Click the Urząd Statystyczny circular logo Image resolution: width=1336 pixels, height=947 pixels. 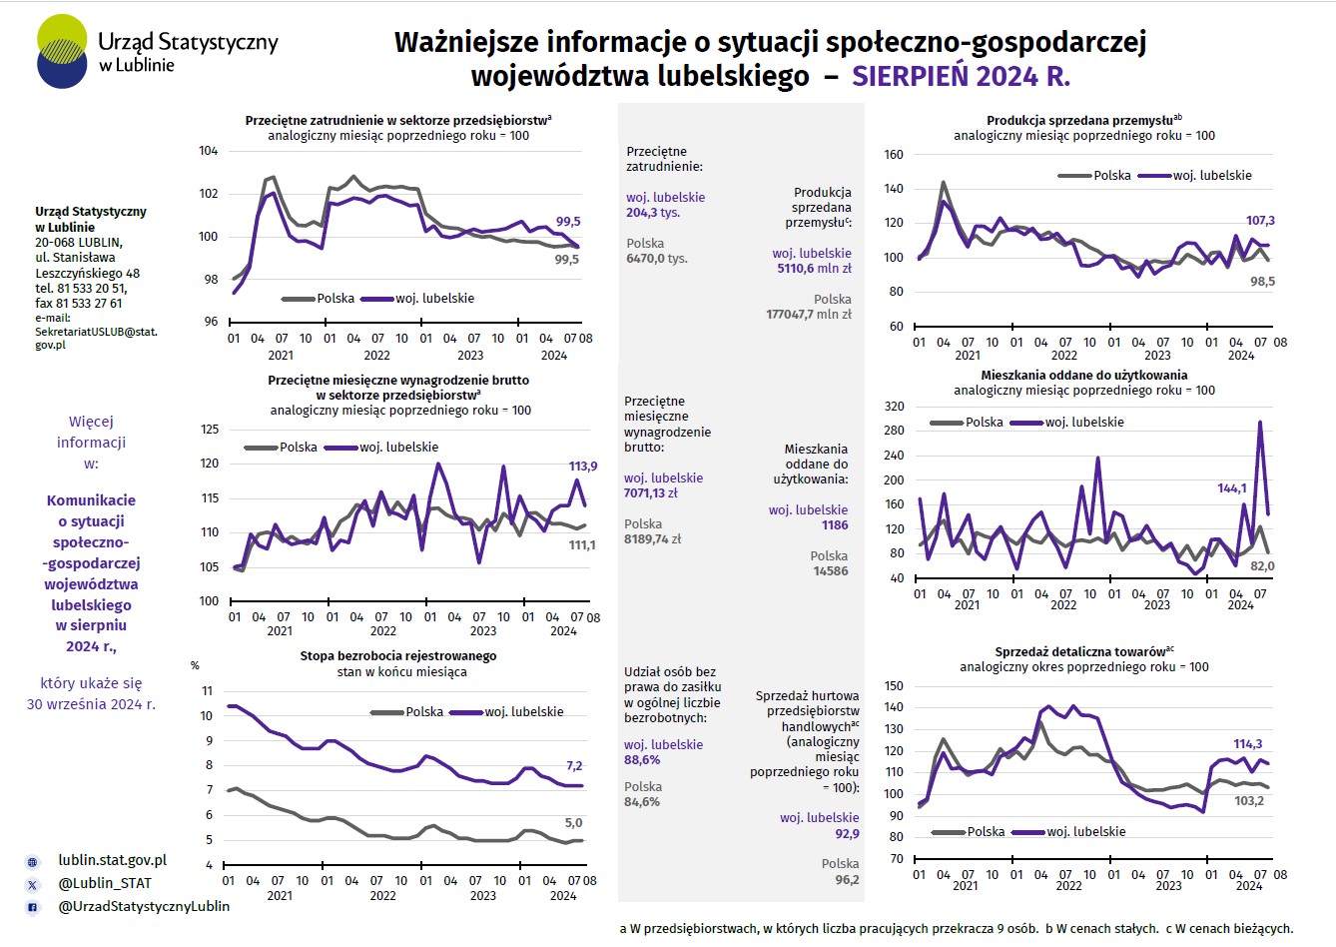[x=62, y=51]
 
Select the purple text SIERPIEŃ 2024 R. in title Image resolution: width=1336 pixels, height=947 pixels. [x=961, y=76]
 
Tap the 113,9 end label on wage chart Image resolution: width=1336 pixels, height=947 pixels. [x=583, y=467]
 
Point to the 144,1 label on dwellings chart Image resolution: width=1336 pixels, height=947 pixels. [x=1231, y=488]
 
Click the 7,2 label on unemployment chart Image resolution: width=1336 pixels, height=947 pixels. [x=574, y=765]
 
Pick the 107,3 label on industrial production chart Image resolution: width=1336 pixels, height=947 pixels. [x=1260, y=220]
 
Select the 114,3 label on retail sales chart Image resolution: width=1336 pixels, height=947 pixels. [x=1248, y=743]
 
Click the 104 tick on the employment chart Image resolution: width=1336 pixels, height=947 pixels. [x=208, y=151]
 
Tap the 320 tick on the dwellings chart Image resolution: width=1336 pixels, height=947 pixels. [x=894, y=407]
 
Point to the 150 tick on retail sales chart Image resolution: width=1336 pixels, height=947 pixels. [x=894, y=686]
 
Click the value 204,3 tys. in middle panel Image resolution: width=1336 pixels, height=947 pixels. [x=653, y=213]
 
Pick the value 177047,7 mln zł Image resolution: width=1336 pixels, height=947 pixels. [x=808, y=314]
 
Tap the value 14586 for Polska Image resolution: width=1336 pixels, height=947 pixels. [x=830, y=570]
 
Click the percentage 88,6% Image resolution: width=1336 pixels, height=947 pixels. [x=642, y=759]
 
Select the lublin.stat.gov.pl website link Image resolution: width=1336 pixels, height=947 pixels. [x=112, y=860]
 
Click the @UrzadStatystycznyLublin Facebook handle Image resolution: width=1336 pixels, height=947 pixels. [x=144, y=906]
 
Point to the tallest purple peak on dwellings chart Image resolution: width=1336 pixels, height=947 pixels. [x=1260, y=422]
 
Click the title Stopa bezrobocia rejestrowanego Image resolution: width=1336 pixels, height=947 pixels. [x=397, y=655]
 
